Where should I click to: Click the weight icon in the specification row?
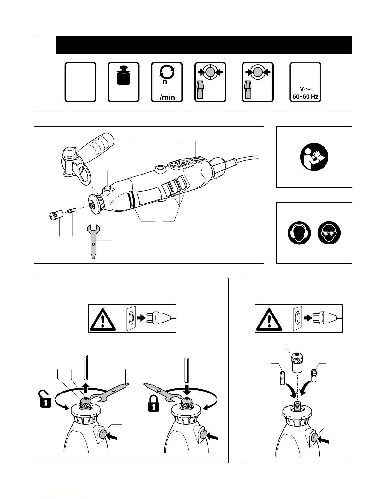[x=123, y=75]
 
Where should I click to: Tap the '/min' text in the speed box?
[x=167, y=97]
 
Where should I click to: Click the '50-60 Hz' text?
[x=305, y=96]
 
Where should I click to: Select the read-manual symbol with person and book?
[x=314, y=157]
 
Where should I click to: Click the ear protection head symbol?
[x=299, y=233]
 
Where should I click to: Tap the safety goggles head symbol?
[x=329, y=233]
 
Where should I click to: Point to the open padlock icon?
[x=45, y=399]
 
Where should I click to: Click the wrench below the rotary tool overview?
[x=93, y=241]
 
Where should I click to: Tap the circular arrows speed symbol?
[x=167, y=72]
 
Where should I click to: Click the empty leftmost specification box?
[x=80, y=82]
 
